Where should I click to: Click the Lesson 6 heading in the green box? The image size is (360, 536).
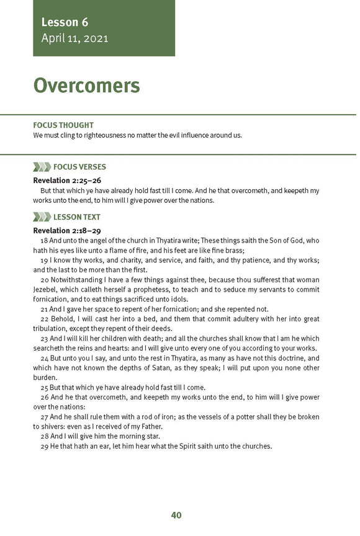point(65,23)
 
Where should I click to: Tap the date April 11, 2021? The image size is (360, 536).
point(74,38)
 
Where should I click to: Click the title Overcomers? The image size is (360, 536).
point(86,86)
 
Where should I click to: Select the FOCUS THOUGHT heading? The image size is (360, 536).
point(63,125)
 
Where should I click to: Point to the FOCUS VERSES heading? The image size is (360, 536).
point(79,167)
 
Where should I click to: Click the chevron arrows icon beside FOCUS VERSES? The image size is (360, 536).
point(42,167)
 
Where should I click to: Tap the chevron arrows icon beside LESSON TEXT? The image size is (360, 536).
point(42,217)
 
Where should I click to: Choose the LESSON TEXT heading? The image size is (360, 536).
point(77,217)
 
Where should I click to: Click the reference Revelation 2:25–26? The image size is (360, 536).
point(67,181)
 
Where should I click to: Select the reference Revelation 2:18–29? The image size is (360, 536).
point(67,231)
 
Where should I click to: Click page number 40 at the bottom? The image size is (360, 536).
point(176,515)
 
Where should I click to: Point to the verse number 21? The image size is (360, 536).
point(44,309)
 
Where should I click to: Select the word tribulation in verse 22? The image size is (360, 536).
point(54,328)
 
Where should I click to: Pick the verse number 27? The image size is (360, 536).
point(44,417)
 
